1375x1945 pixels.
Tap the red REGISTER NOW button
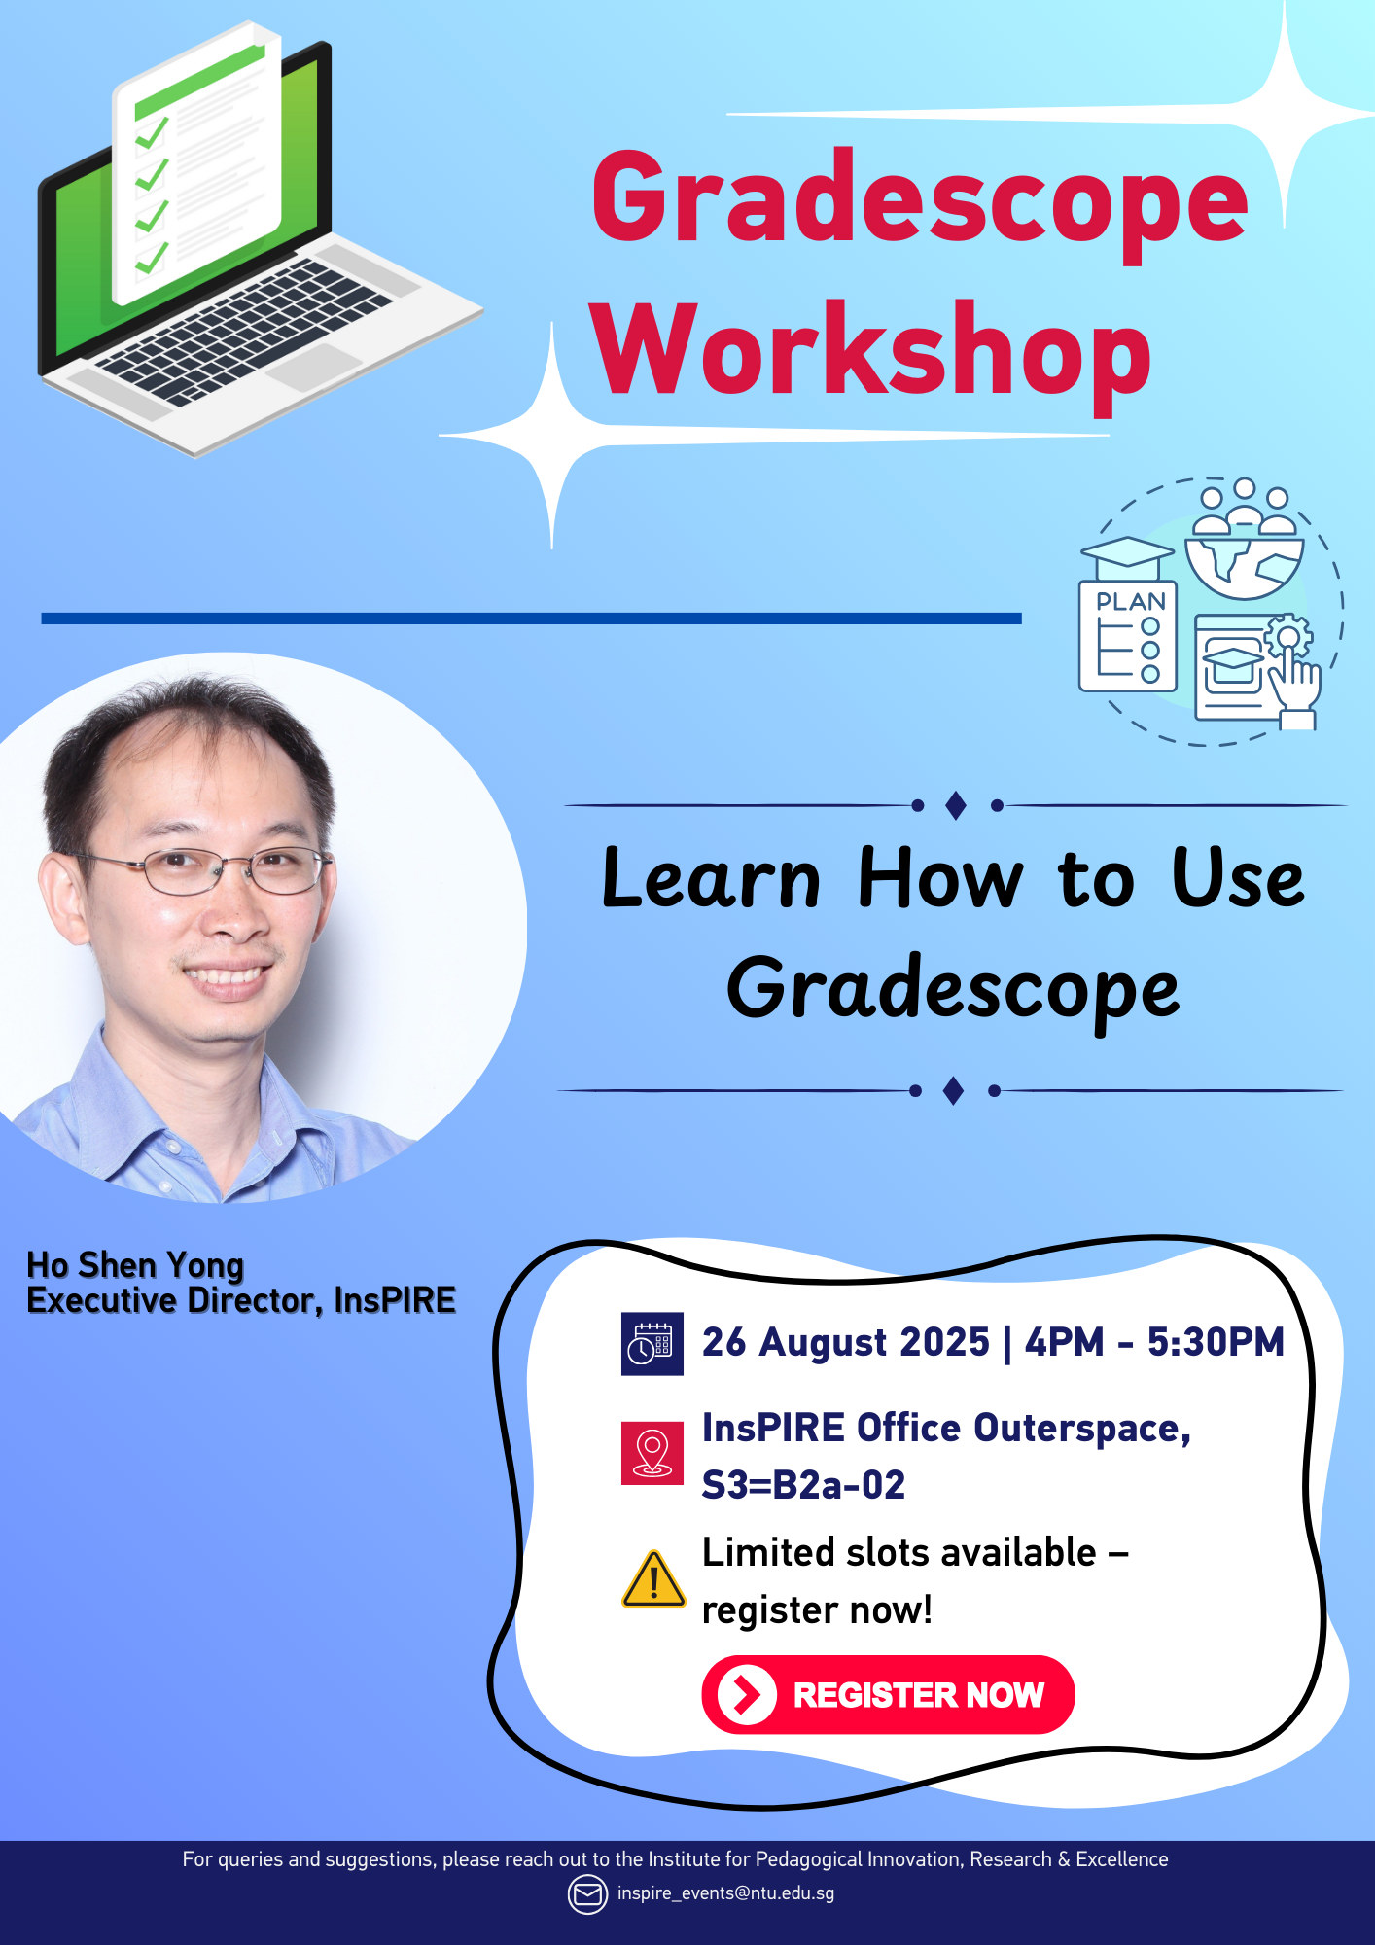pos(887,1694)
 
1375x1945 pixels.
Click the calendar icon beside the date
pos(652,1344)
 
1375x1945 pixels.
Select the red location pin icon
pos(652,1453)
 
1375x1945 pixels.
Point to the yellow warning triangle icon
pos(653,1579)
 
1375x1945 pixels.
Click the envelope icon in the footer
pos(587,1894)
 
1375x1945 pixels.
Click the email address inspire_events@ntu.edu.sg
pos(725,1893)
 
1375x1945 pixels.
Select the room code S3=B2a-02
pos(803,1485)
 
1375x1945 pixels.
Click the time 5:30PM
pos(1216,1342)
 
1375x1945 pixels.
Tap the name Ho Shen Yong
pos(135,1265)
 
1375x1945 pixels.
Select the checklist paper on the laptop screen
pos(197,165)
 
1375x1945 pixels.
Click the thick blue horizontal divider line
pos(531,619)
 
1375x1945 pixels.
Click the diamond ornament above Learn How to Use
pos(956,805)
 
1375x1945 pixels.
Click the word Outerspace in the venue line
pos(1081,1428)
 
